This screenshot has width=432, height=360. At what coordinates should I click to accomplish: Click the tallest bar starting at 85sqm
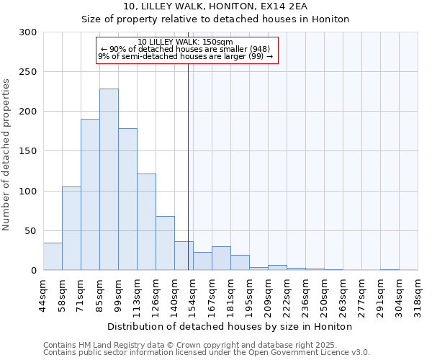tap(109, 179)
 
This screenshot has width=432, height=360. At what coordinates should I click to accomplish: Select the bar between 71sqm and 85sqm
tap(90, 194)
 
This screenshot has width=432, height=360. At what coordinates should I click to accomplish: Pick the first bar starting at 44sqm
tap(53, 256)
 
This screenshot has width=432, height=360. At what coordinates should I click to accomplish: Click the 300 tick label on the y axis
tap(28, 32)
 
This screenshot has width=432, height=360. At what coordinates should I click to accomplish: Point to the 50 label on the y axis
tap(31, 230)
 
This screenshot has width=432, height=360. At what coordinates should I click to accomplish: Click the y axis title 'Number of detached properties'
tap(6, 155)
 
